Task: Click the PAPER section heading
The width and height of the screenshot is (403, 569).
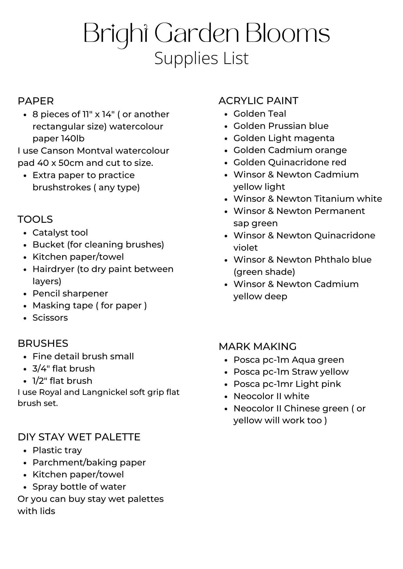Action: pyautogui.click(x=36, y=101)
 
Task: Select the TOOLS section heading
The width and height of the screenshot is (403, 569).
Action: pyautogui.click(x=35, y=219)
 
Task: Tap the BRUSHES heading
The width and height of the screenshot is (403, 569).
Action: pyautogui.click(x=43, y=343)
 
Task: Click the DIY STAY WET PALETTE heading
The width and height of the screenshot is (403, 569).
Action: pyautogui.click(x=79, y=437)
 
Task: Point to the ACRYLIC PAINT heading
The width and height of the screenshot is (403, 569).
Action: pyautogui.click(x=258, y=101)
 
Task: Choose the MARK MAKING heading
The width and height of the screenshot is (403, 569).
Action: pyautogui.click(x=257, y=347)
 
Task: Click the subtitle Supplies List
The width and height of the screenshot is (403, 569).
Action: pyautogui.click(x=201, y=58)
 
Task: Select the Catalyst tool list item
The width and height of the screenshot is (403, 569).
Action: pyautogui.click(x=60, y=233)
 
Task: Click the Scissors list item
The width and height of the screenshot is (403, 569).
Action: pyautogui.click(x=50, y=318)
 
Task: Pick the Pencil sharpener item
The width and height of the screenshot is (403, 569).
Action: pyautogui.click(x=70, y=293)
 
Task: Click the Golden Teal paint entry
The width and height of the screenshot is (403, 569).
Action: pyautogui.click(x=260, y=114)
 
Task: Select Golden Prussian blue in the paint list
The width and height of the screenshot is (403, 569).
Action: pyautogui.click(x=281, y=126)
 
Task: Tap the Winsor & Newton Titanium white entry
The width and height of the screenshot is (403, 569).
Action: pyautogui.click(x=308, y=199)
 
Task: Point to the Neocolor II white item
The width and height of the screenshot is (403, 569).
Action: pyautogui.click(x=271, y=396)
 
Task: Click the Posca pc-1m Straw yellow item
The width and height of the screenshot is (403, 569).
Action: pyautogui.click(x=291, y=372)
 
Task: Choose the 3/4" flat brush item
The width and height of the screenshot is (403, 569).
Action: pyautogui.click(x=64, y=369)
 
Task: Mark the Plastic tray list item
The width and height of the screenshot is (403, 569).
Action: pyautogui.click(x=57, y=450)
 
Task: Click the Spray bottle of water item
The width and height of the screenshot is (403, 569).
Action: pyautogui.click(x=79, y=487)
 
